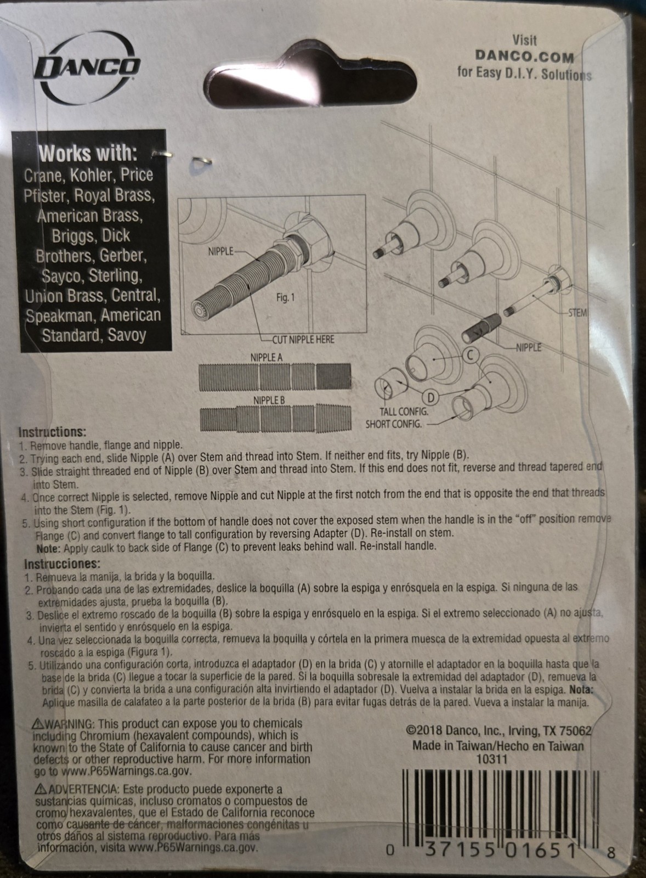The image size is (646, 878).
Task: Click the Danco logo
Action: [87, 71]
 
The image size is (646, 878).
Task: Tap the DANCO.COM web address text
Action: [525, 57]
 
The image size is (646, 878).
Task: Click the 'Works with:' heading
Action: [88, 153]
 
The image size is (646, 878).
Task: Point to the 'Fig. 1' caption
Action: [285, 298]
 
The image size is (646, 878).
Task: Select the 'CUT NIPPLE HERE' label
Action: [303, 340]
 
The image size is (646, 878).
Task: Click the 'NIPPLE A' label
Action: [267, 357]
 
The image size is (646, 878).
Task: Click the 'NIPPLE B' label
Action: [269, 401]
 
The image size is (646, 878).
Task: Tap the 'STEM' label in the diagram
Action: [577, 313]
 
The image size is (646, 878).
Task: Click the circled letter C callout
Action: [471, 355]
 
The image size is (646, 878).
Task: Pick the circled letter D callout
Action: [431, 398]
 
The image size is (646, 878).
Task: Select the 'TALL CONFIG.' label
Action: [404, 412]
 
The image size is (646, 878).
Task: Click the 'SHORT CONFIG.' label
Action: [393, 424]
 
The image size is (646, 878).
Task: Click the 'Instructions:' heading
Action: [52, 432]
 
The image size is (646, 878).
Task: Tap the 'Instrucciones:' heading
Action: [63, 564]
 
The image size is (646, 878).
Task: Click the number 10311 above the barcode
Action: [492, 759]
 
